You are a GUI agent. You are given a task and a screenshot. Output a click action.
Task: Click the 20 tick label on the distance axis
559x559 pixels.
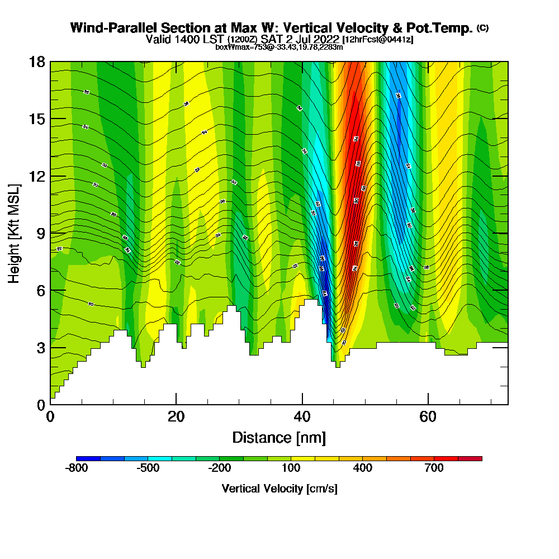point(176,417)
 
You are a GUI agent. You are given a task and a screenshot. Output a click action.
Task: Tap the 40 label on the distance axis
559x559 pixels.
point(302,417)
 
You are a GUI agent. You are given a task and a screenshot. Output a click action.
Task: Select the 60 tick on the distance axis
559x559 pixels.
point(428,417)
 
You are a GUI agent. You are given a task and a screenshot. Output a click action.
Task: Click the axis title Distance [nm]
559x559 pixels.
point(279,437)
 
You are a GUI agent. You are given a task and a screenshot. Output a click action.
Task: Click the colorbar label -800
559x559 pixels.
point(77,468)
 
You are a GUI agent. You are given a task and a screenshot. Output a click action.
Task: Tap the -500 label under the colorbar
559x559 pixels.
point(148,468)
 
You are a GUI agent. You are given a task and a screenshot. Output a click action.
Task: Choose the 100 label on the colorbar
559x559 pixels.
point(291,468)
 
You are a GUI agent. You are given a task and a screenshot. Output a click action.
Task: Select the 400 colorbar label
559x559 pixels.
point(363,468)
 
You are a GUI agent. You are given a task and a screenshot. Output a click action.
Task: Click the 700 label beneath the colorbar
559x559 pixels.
point(434,468)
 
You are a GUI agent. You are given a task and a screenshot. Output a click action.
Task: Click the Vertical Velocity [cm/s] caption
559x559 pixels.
point(279,489)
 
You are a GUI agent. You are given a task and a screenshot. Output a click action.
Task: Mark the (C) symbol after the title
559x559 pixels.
point(483,27)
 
